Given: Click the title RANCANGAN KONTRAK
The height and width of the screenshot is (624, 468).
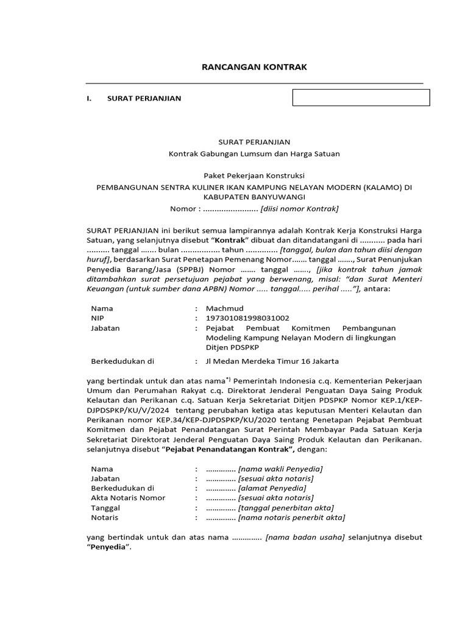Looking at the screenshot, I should [x=254, y=67].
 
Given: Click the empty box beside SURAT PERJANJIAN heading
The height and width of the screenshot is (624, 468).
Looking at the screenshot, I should [x=361, y=97].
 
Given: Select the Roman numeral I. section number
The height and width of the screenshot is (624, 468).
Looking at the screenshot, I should [x=89, y=99].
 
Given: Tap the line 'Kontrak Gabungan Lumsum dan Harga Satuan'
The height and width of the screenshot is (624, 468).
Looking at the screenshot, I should [x=254, y=154].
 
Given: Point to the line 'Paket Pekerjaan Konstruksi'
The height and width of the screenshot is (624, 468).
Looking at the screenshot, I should [x=254, y=176].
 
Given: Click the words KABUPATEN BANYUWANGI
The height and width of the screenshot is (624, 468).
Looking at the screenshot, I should [x=254, y=197].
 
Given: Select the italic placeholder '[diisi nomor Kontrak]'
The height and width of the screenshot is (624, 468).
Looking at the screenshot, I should [x=299, y=209].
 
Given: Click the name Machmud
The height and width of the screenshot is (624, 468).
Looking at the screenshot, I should [x=220, y=308].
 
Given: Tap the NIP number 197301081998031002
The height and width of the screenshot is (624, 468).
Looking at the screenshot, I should [x=247, y=318].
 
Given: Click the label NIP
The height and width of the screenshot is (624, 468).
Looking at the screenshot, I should [x=97, y=318].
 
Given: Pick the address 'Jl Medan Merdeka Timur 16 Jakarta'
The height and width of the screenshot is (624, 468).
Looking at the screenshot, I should [x=272, y=361].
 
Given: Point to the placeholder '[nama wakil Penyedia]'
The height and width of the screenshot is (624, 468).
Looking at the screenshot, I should [x=280, y=469].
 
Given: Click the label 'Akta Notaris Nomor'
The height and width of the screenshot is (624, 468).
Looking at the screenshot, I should [x=128, y=498].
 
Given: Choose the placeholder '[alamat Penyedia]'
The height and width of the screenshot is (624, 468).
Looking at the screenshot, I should [x=272, y=488].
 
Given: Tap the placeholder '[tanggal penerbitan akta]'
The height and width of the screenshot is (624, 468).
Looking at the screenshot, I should [x=286, y=508].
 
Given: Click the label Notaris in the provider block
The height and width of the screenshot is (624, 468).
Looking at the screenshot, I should [x=104, y=517].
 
